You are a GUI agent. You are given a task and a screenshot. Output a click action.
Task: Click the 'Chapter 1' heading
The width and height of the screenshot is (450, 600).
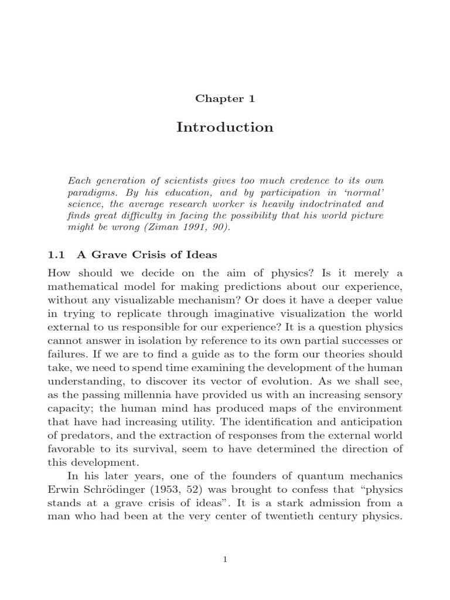(x=224, y=98)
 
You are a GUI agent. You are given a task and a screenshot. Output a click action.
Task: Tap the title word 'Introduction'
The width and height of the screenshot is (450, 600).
(x=224, y=127)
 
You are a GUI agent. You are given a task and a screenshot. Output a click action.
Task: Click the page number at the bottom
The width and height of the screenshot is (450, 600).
(x=224, y=560)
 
